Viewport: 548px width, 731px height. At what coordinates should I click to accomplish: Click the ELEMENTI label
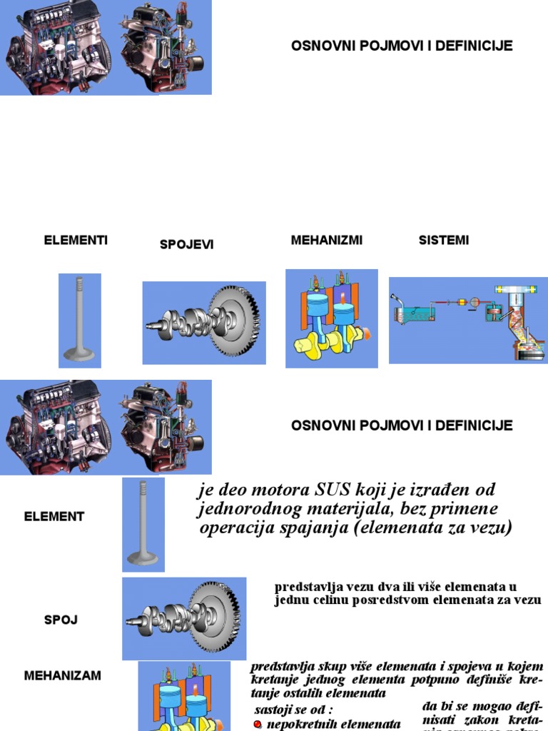76,241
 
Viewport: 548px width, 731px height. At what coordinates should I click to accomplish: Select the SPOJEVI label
186,245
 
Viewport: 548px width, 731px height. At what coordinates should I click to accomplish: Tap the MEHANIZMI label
326,241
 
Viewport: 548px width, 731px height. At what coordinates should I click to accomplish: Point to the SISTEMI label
443,241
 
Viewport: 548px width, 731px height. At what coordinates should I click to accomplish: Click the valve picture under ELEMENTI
80,320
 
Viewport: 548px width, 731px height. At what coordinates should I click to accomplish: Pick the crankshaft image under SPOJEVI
204,323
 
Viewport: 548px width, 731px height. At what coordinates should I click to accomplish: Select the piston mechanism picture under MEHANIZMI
331,318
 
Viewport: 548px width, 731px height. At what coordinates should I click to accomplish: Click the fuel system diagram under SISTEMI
467,320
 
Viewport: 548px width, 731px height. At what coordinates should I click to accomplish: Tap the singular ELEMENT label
54,516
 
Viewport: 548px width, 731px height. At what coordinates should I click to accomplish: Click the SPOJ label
61,620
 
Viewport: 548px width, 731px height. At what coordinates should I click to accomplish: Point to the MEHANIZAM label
63,675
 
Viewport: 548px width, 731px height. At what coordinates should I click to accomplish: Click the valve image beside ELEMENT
143,525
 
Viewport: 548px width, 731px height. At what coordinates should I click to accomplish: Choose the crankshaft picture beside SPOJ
184,618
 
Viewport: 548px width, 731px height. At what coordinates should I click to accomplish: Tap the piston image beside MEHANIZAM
184,697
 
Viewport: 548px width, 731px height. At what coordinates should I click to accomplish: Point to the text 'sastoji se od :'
293,710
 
